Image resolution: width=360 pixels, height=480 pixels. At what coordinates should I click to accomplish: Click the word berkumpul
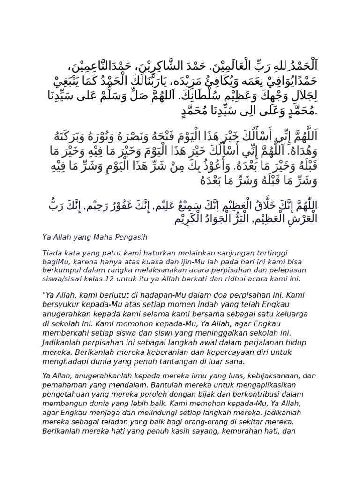[x=61, y=270]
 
